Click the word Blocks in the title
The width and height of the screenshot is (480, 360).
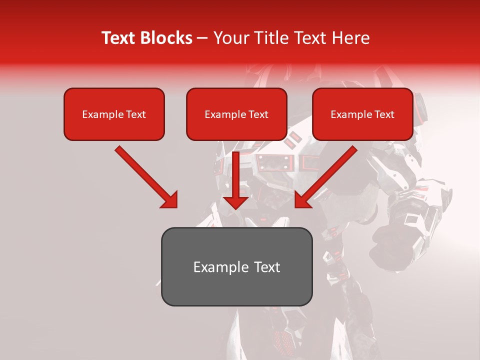pos(167,38)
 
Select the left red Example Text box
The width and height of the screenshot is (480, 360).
pos(114,114)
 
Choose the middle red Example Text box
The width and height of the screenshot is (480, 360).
pos(236,114)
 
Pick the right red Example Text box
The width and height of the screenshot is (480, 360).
pos(362,114)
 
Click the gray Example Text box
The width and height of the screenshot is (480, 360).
pos(236,266)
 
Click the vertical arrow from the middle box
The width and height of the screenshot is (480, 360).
pos(236,175)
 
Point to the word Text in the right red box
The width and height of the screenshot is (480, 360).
pos(384,114)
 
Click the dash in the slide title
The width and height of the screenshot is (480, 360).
pos(202,38)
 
